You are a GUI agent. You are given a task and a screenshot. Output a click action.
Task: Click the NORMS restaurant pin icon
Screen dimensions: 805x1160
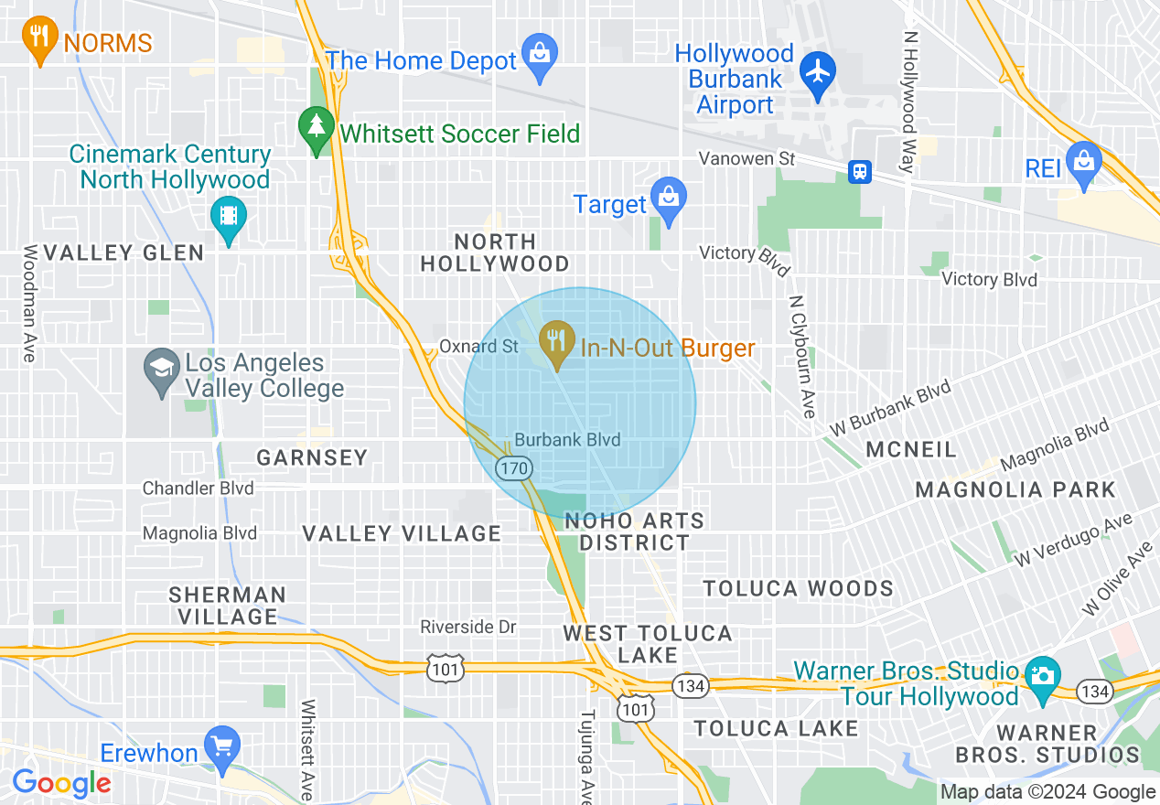[38, 39]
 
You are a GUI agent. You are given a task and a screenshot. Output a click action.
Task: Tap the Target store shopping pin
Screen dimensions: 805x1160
[670, 199]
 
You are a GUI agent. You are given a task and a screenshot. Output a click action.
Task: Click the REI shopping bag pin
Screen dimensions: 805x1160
[1084, 165]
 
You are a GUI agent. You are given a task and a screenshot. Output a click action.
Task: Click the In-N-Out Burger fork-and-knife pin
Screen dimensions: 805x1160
[555, 343]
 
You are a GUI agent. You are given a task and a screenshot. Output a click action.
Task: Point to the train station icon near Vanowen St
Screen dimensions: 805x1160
[859, 171]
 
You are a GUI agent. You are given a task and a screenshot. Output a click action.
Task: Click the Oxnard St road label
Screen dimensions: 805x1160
[478, 347]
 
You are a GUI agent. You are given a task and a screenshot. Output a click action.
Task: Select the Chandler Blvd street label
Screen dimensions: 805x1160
[198, 488]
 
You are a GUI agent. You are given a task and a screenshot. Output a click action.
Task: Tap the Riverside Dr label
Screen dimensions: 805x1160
[467, 627]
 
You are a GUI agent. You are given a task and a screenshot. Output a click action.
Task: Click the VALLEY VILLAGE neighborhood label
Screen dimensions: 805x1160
[402, 533]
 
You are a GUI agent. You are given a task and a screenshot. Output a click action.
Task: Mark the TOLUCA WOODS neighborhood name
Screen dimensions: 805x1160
[798, 587]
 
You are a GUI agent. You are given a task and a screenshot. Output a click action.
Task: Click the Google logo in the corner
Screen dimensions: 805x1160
[60, 783]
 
